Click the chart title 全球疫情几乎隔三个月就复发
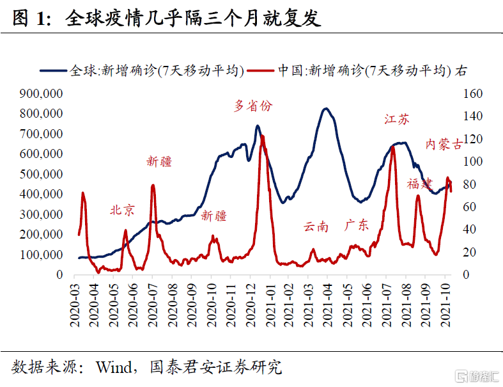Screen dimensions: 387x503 192,19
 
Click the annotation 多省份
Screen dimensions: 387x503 252,106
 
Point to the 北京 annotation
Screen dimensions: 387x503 123,210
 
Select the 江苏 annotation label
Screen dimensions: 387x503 396,119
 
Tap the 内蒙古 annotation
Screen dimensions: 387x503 444,144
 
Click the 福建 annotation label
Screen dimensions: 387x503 420,184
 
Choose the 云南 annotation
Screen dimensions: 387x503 316,226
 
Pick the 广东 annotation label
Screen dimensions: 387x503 356,225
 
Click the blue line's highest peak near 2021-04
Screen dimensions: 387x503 326,109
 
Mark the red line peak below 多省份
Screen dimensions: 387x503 262,136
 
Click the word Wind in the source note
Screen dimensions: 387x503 111,368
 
